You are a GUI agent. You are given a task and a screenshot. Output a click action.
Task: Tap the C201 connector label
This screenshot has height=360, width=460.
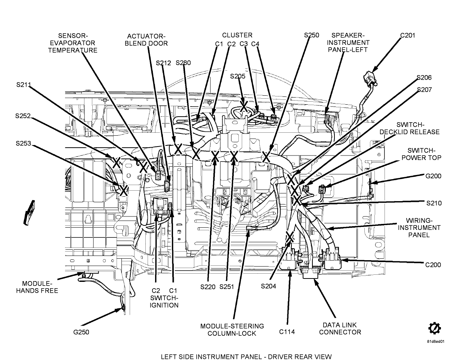click(x=408, y=36)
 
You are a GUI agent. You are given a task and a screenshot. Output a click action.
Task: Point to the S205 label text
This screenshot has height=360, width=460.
click(x=238, y=76)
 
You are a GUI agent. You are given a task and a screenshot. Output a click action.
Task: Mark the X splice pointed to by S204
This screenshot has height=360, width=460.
click(x=290, y=237)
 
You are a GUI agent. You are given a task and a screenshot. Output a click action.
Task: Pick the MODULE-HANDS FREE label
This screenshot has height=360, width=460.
click(x=40, y=287)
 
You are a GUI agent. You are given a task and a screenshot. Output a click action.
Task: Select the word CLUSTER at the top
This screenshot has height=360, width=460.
click(x=237, y=35)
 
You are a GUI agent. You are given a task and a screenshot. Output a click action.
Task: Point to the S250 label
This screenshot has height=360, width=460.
click(x=312, y=35)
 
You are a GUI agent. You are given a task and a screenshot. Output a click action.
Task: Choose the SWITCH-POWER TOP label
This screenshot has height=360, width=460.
click(x=421, y=154)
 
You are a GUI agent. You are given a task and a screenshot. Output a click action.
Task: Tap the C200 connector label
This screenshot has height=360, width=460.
click(x=433, y=265)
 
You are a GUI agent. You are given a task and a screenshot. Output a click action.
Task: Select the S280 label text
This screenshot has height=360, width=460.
click(x=183, y=62)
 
